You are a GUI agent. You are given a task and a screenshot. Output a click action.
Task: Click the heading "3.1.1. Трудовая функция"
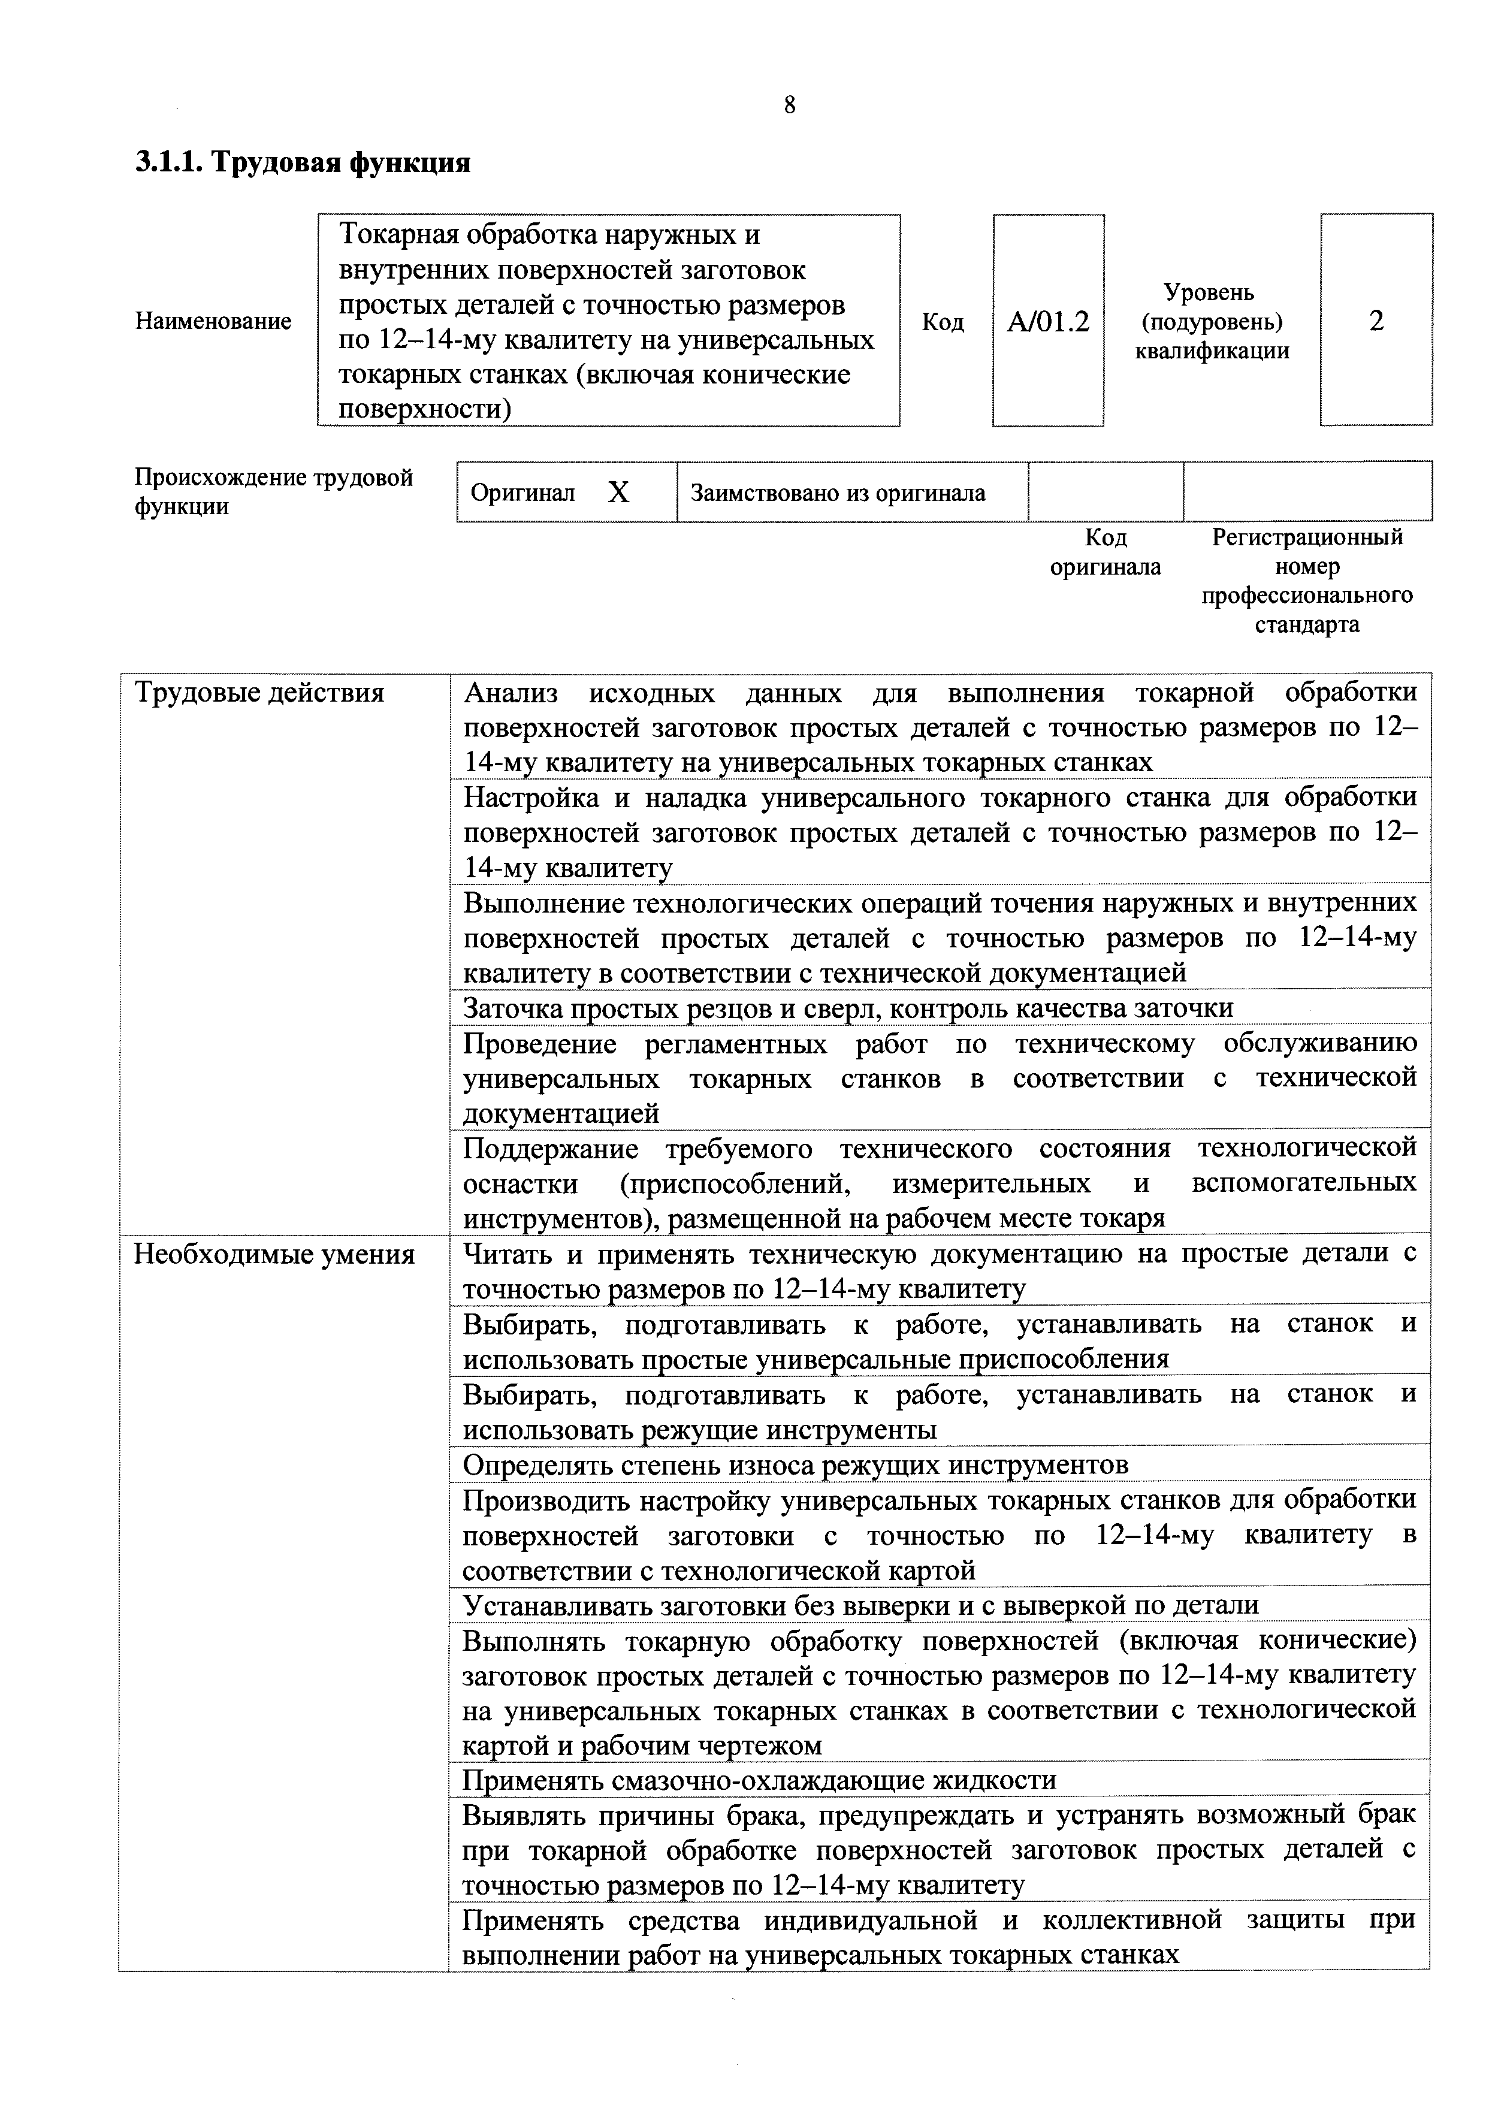pos(303,163)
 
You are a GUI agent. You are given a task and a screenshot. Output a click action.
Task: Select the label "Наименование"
pos(213,321)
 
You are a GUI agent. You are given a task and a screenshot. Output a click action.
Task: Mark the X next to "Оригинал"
pos(619,494)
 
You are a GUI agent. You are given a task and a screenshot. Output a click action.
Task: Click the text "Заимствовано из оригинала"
pos(838,494)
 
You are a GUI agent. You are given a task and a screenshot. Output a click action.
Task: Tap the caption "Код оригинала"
pos(1105,552)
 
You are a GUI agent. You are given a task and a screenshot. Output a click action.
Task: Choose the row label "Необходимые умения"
pos(274,1254)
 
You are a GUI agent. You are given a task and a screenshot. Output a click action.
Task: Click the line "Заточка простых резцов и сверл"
pos(848,1008)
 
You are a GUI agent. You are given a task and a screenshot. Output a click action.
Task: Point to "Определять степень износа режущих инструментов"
pos(795,1465)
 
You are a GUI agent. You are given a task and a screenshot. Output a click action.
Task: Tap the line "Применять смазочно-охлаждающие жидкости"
pos(759,1781)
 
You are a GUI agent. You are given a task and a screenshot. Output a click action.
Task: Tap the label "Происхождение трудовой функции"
pos(274,491)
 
